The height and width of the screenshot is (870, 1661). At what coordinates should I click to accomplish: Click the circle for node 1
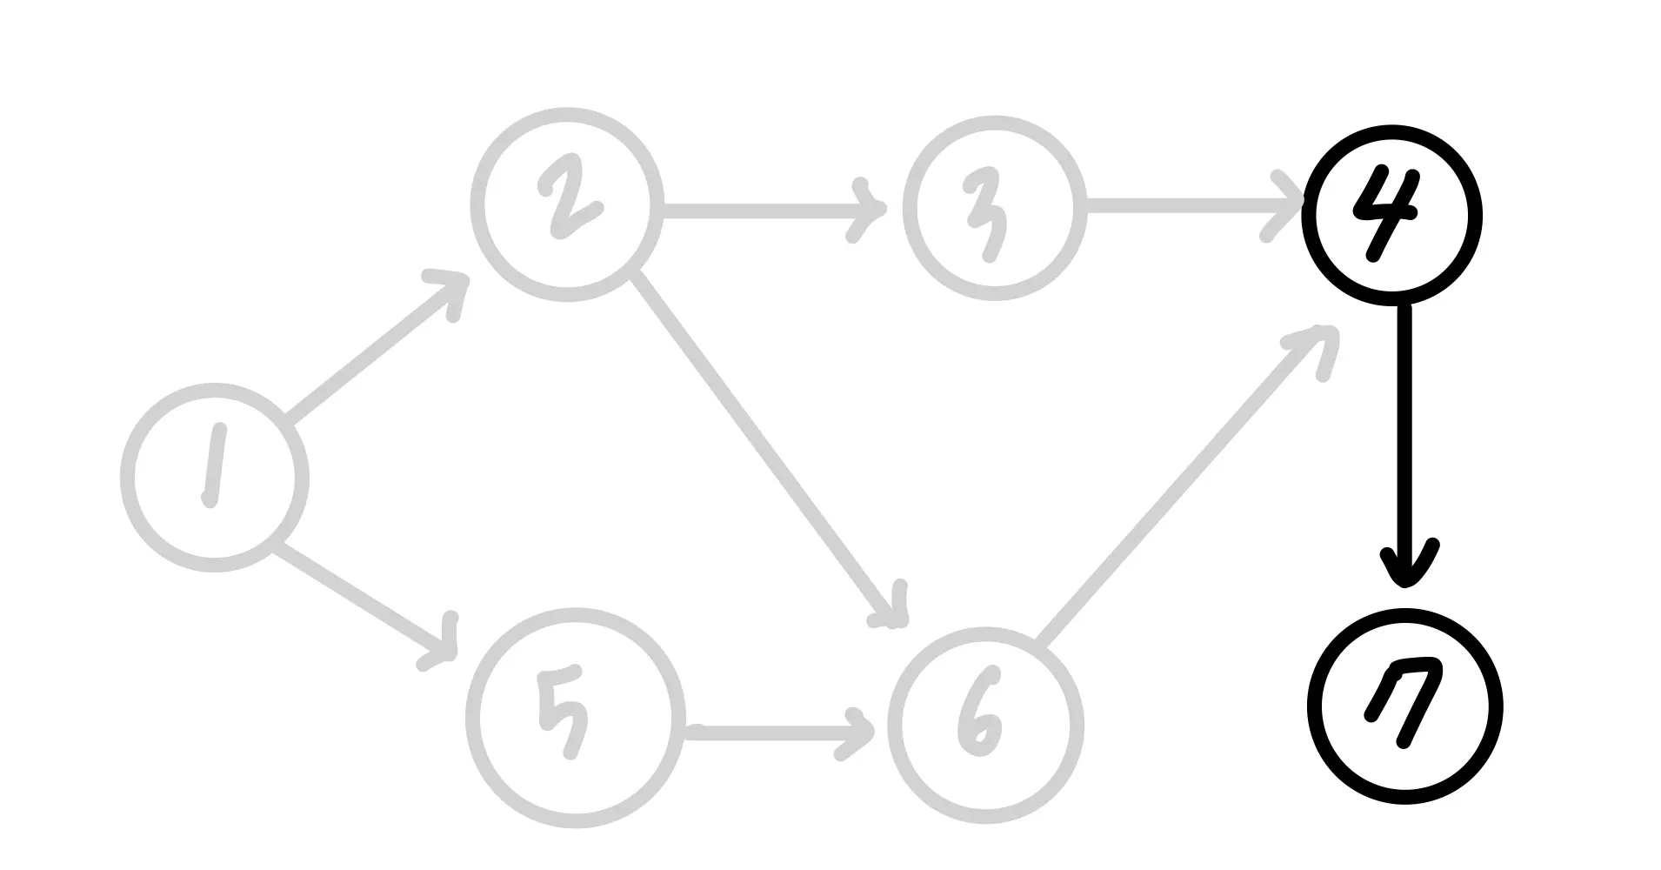coord(214,478)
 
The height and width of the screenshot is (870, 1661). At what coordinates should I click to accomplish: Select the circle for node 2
coord(566,204)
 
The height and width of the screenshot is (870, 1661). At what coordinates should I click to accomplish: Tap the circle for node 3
coord(994,207)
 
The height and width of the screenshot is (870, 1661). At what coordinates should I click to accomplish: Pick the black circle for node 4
coord(1391,215)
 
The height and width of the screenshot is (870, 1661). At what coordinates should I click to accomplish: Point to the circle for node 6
coord(985,726)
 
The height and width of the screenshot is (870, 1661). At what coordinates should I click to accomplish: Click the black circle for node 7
coord(1405,706)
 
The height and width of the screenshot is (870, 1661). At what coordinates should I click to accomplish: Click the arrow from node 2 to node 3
coord(765,210)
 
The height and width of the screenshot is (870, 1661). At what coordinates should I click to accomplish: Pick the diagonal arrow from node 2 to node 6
coord(765,448)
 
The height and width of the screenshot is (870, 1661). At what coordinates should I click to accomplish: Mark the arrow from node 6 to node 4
coord(1183,487)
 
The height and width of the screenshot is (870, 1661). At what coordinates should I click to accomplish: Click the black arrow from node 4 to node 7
coord(1404,435)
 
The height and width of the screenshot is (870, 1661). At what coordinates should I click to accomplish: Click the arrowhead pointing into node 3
coord(870,211)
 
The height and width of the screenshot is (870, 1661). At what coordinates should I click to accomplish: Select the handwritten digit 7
coord(1405,700)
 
